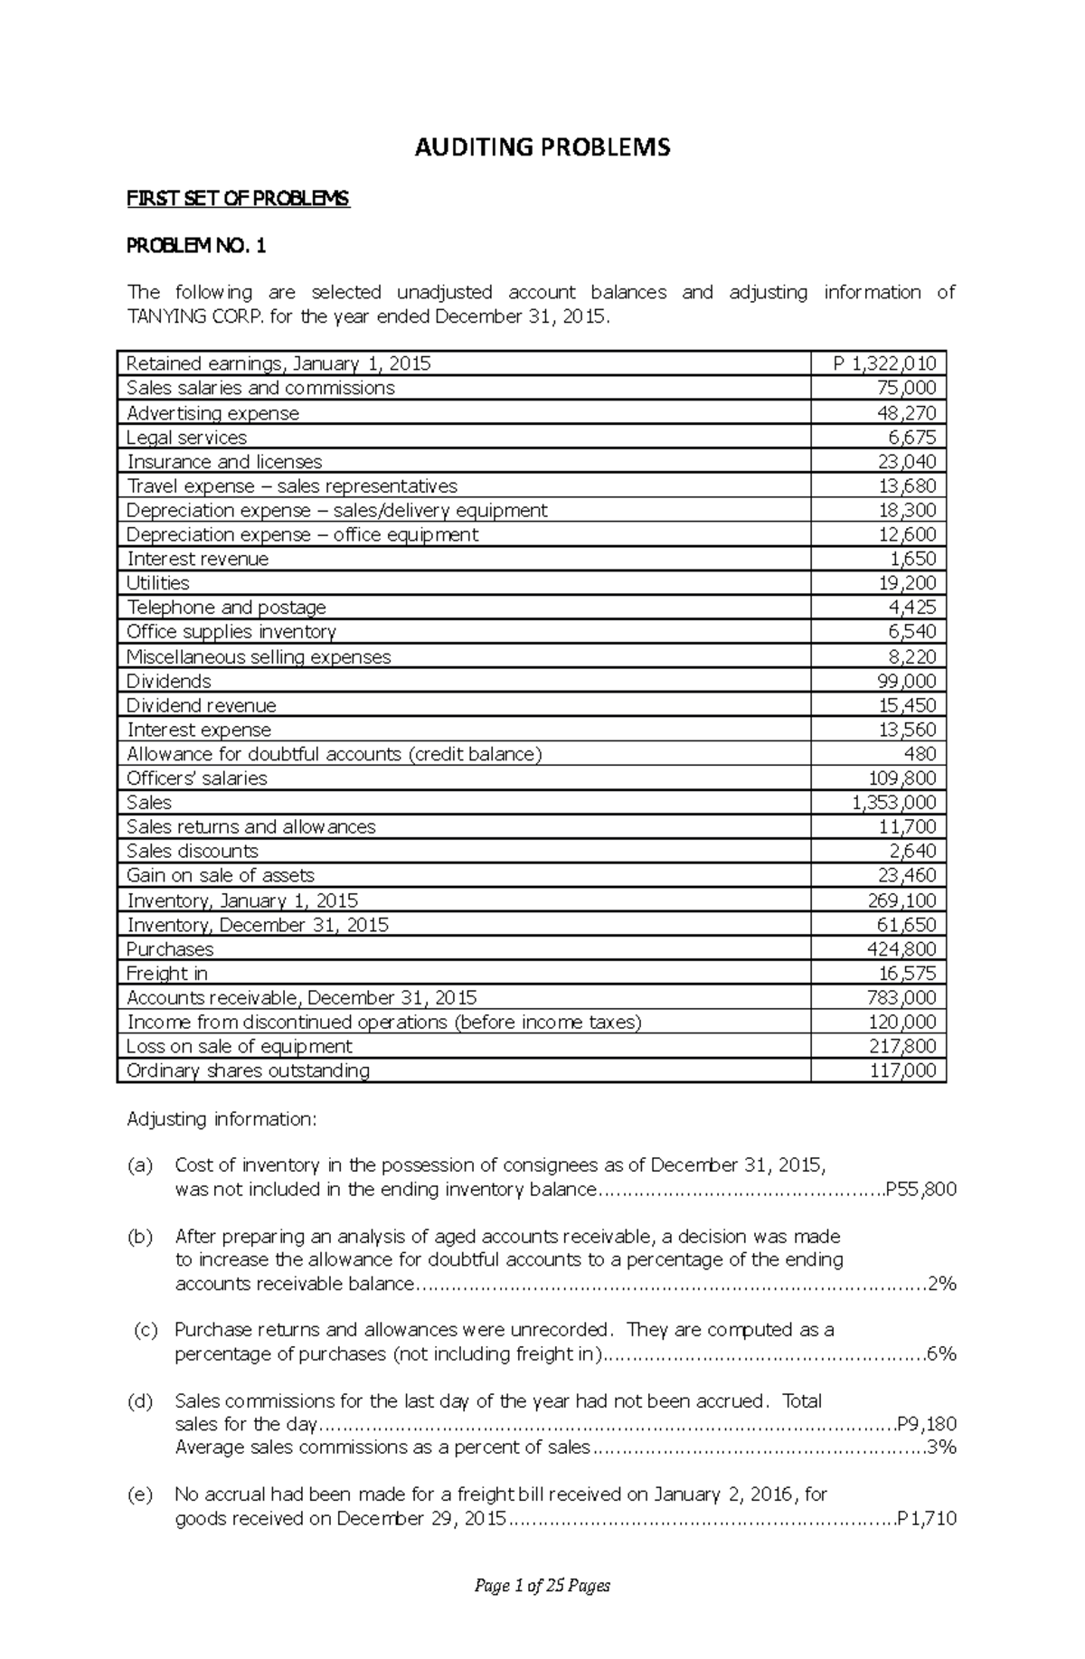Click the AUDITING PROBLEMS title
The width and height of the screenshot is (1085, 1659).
tap(542, 147)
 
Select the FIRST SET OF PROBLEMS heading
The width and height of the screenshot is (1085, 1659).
tap(238, 199)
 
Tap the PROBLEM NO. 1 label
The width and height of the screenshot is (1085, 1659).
tap(196, 245)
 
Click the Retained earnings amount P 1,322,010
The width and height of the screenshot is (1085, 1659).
tap(885, 363)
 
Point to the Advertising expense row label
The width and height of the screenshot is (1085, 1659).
tap(212, 413)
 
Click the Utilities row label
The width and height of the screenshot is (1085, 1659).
tap(158, 583)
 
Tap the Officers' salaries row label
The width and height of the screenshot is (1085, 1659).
tap(197, 778)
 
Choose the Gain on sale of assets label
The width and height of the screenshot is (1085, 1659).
tap(221, 875)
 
